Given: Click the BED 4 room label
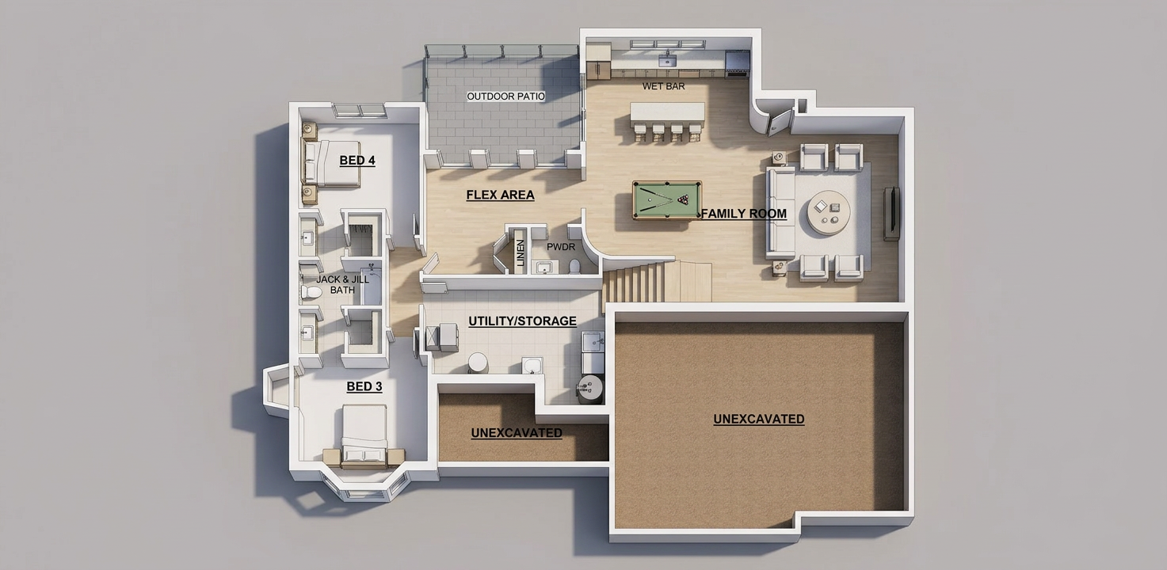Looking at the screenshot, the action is point(357,161).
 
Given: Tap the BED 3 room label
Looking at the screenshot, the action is point(364,386).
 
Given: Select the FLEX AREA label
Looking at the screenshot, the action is point(500,195).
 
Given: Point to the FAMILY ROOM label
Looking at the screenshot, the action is point(743,214).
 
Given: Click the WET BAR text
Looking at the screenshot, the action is point(663,86).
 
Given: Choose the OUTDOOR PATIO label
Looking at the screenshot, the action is point(505,97).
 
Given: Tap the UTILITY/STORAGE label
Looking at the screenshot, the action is point(522,321).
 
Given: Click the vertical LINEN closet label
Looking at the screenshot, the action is point(520,253).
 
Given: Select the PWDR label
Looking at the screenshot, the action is point(561,247).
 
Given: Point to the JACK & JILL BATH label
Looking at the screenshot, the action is point(342,284).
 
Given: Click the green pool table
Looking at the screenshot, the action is point(667,199).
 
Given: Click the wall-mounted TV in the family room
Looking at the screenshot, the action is point(892,214).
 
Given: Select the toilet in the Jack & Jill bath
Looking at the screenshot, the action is point(311,291).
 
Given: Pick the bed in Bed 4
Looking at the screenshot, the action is point(331,164).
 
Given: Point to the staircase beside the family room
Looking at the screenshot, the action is point(657,281).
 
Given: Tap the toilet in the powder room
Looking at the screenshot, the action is point(574,267).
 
